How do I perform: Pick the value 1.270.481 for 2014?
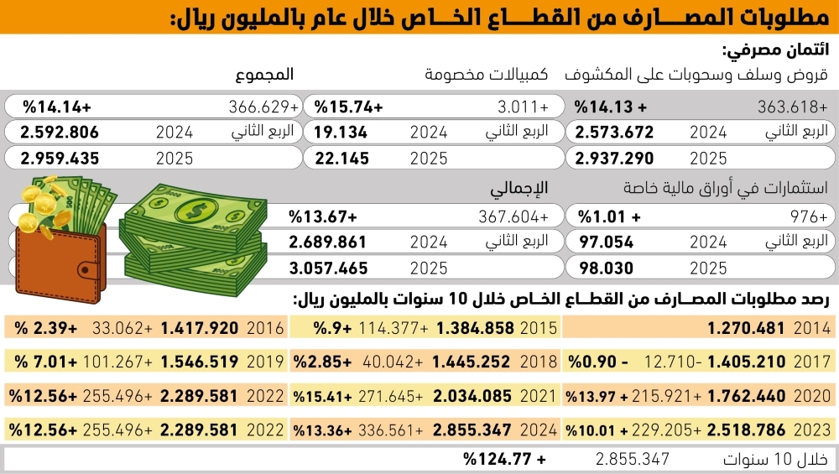point(744,327)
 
